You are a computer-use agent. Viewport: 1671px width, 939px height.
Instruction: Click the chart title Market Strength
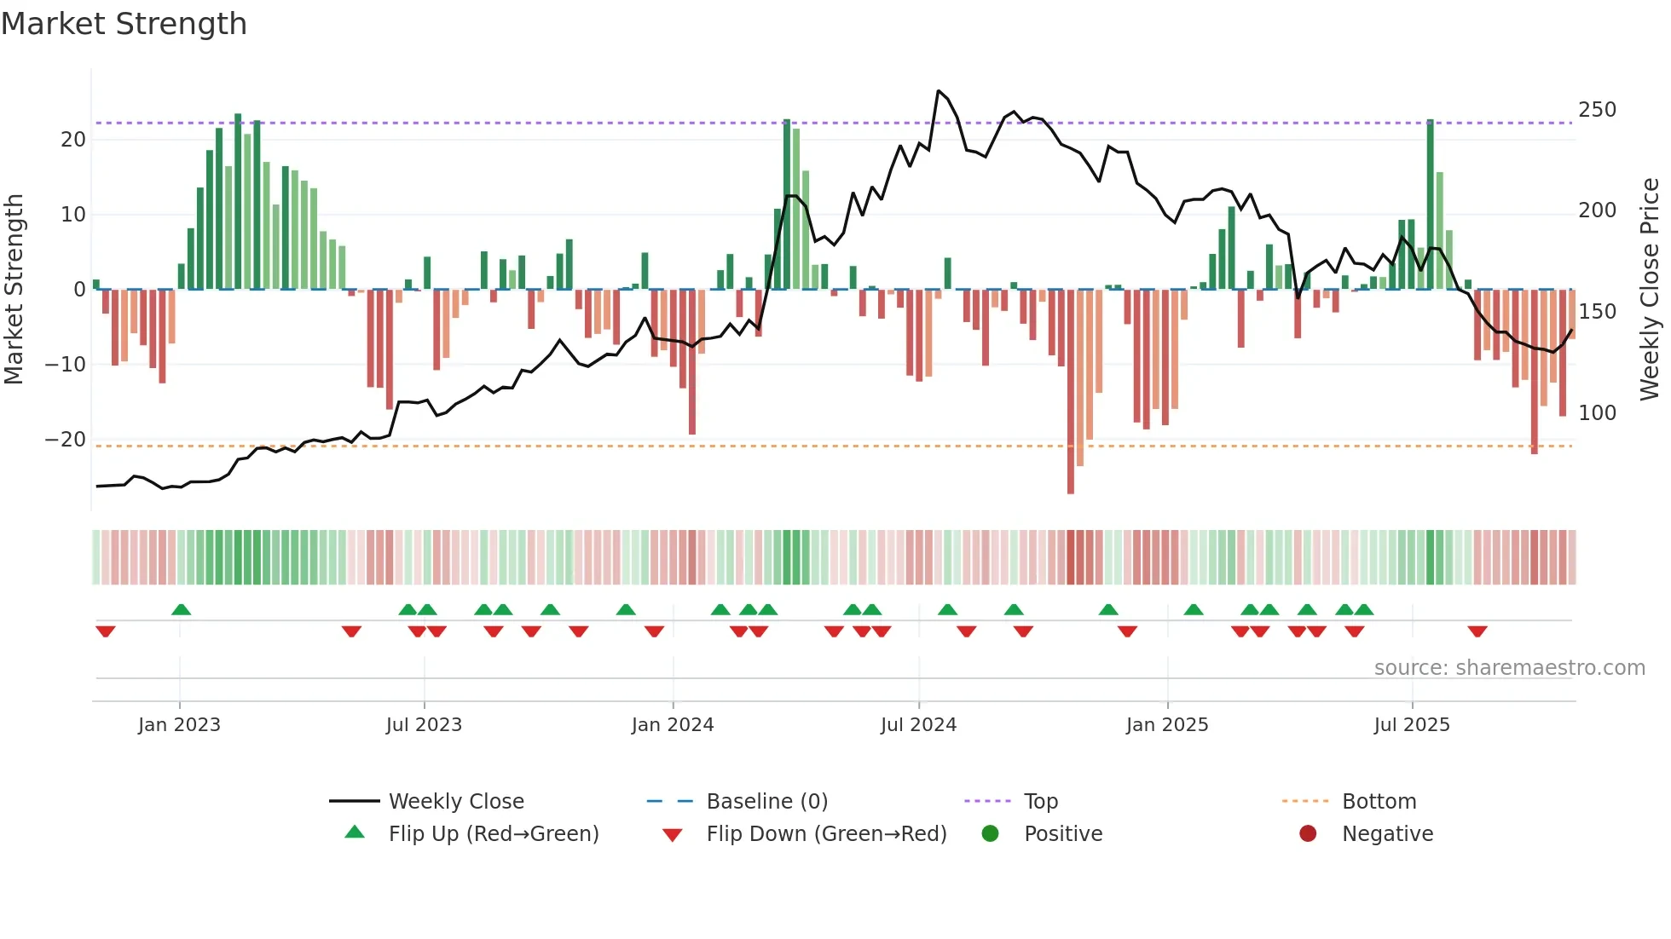[124, 24]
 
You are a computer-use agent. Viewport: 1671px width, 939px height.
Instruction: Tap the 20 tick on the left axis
[73, 140]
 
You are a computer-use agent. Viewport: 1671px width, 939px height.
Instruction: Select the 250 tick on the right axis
[1597, 110]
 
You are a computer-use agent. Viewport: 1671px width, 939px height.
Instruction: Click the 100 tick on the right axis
[1597, 413]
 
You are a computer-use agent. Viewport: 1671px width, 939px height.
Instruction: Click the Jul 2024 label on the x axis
[918, 725]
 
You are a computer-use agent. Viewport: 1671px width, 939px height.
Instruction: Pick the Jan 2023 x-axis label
[179, 725]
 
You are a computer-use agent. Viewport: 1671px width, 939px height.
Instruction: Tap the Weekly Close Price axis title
[1650, 290]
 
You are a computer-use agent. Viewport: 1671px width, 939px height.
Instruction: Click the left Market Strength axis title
[14, 290]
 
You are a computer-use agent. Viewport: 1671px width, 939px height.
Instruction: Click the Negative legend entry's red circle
[1308, 834]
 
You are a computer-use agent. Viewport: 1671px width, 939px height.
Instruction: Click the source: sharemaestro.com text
[1509, 668]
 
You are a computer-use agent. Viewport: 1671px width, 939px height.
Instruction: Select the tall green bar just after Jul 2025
[1430, 205]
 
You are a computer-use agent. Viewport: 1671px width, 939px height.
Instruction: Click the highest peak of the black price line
[938, 91]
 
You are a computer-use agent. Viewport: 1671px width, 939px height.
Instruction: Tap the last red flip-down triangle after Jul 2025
[1477, 631]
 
